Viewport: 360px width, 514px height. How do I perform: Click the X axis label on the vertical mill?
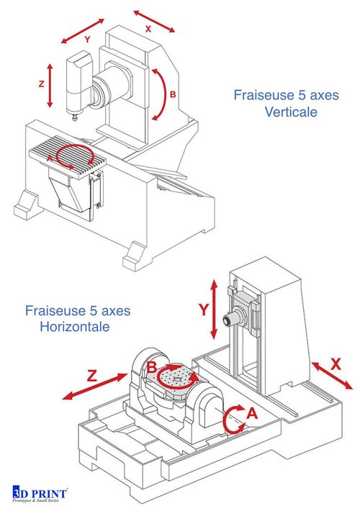click(x=148, y=30)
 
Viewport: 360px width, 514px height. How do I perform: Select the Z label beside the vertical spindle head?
click(x=41, y=84)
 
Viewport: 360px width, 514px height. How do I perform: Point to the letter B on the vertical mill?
click(x=173, y=94)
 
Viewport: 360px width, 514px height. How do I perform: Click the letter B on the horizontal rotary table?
click(x=153, y=368)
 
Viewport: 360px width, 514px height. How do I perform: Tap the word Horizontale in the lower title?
click(x=75, y=327)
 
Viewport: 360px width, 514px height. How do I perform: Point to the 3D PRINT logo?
click(x=42, y=493)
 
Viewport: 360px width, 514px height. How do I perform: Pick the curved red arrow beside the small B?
click(x=161, y=94)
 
